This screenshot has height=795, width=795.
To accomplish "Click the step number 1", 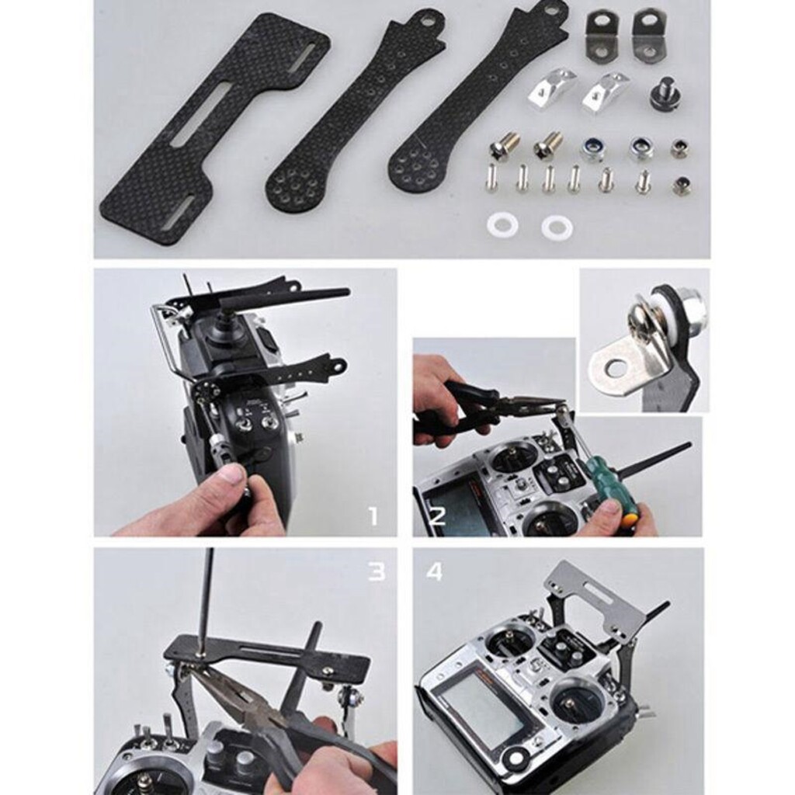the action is coord(373,517).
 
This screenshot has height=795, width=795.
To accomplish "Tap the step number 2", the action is coord(437,516).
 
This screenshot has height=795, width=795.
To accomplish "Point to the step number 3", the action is coord(377,571).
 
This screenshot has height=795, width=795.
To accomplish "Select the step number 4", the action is coord(435,571).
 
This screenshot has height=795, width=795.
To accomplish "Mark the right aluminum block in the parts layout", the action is coord(606,92).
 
